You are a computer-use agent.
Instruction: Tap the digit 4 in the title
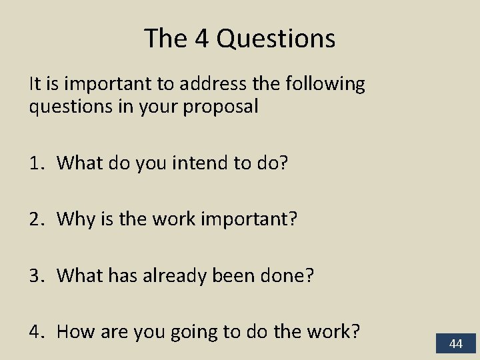[x=203, y=39]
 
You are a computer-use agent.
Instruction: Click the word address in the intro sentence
[x=215, y=85]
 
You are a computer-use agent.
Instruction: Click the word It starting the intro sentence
[x=35, y=85]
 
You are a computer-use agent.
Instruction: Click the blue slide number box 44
[x=456, y=344]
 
